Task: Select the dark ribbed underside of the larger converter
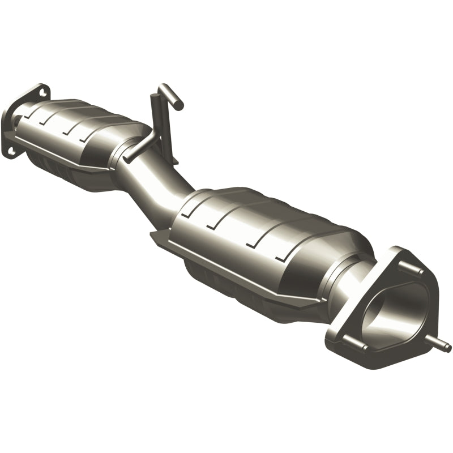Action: (226, 283)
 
